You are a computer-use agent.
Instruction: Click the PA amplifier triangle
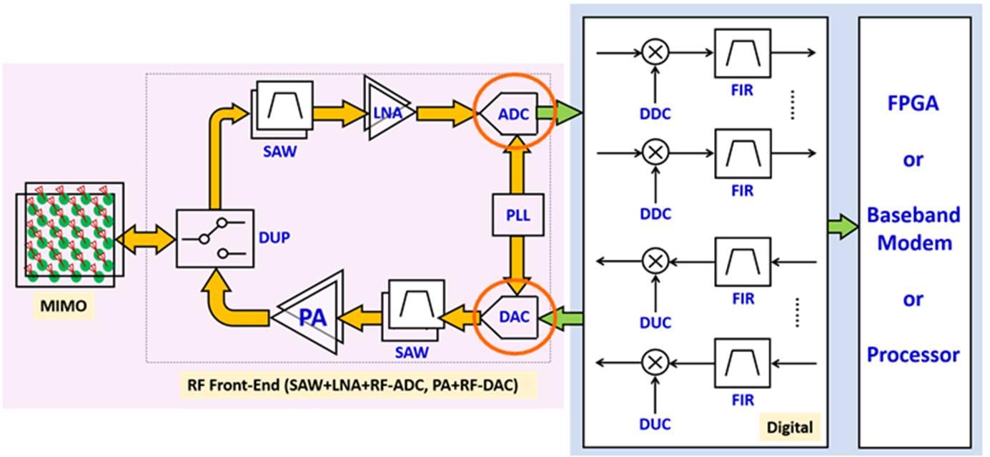coord(309,315)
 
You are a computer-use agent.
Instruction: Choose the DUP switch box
coord(215,237)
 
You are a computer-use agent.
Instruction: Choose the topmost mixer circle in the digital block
coord(653,51)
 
